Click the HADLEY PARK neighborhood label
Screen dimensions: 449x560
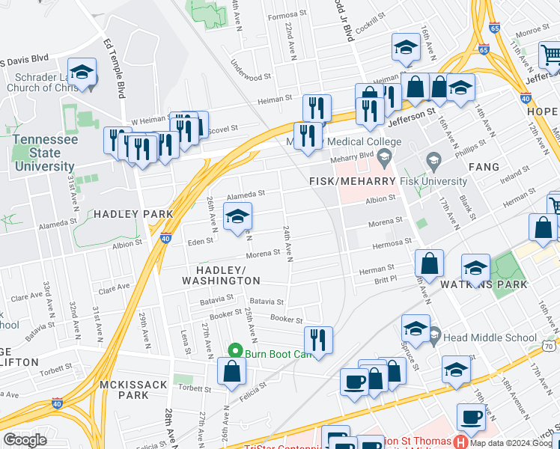(133, 214)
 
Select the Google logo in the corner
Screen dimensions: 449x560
(25, 440)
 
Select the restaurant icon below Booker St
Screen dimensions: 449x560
(317, 340)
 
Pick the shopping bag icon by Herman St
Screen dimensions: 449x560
(430, 263)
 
